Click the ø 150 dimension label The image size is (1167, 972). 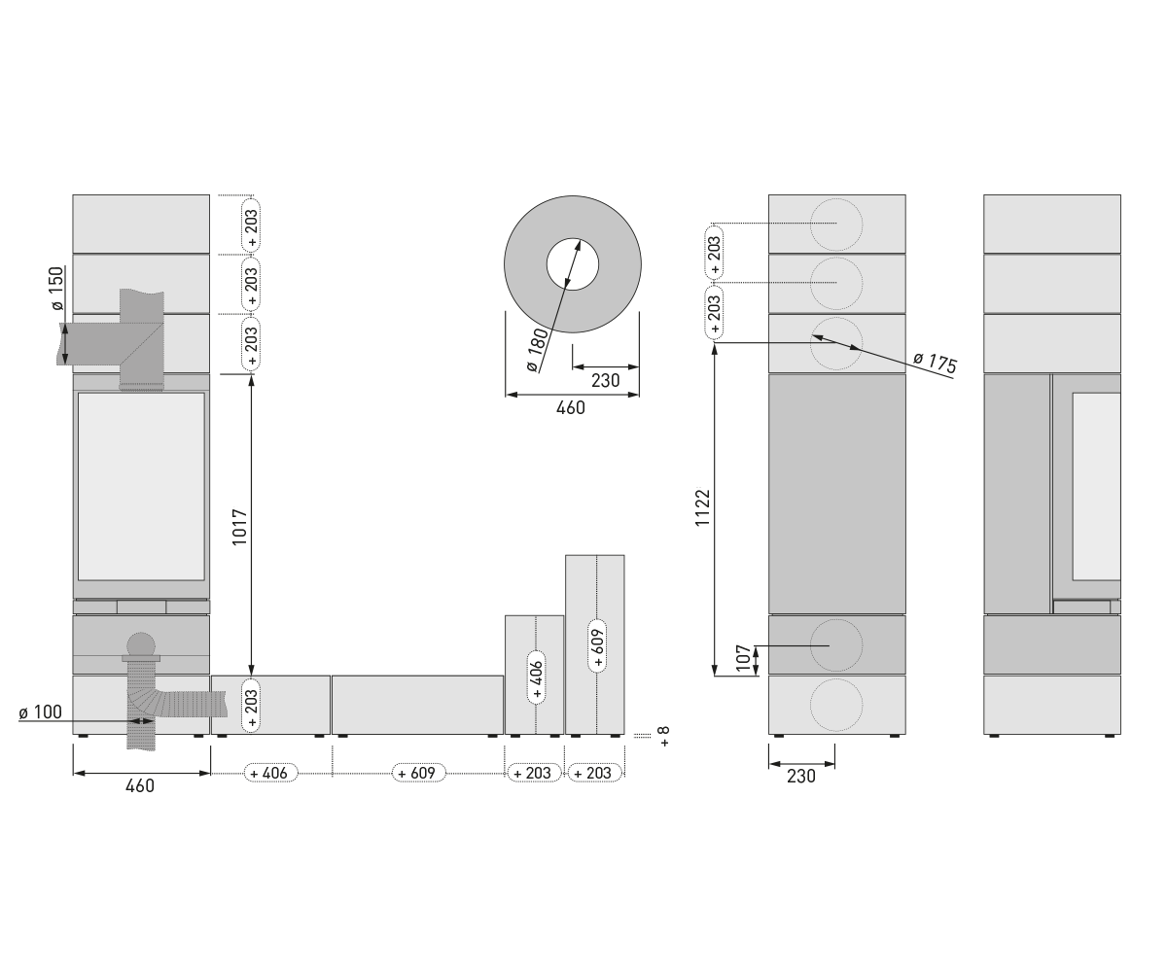point(57,288)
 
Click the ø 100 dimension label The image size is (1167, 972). point(40,712)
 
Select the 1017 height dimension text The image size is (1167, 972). point(239,527)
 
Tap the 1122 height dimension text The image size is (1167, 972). point(702,507)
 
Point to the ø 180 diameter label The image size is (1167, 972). point(538,350)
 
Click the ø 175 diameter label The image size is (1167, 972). point(935,363)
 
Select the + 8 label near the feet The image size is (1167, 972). point(664,736)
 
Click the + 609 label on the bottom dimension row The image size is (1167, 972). point(418,773)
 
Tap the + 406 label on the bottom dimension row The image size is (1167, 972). point(270,773)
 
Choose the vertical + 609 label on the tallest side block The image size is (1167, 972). point(597,645)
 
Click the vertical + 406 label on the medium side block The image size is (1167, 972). point(536,677)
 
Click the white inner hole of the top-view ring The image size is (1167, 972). point(573,264)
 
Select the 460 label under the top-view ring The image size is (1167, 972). point(571,408)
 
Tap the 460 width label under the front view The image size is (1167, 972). point(140,786)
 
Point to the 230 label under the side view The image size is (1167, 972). point(801,776)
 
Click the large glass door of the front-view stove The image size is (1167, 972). point(141,486)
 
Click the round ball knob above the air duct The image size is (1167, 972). point(141,645)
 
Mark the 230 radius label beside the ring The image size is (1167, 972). point(605,381)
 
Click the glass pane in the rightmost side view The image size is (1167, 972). point(1096,486)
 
